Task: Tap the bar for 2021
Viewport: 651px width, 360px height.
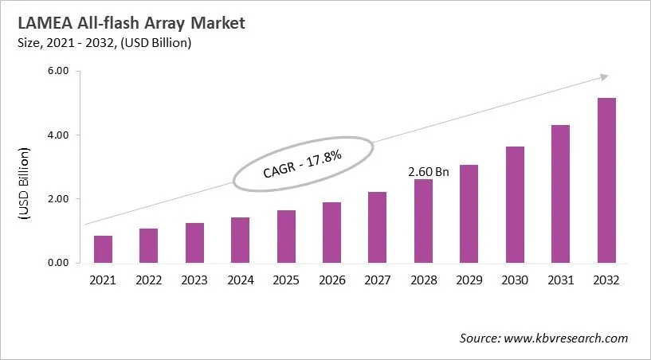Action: (x=103, y=249)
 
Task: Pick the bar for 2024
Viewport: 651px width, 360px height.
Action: (x=239, y=240)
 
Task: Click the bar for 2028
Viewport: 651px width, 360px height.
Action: (x=423, y=221)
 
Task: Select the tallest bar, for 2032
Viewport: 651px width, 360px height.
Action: (x=606, y=181)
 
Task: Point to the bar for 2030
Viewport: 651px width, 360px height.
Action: (x=515, y=205)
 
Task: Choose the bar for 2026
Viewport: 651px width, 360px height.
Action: (x=331, y=233)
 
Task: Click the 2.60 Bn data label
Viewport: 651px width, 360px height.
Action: (x=429, y=171)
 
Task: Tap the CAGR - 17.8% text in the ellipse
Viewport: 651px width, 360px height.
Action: (x=302, y=163)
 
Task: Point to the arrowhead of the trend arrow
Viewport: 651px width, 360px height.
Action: (x=604, y=76)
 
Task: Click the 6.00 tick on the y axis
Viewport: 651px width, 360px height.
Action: (x=58, y=72)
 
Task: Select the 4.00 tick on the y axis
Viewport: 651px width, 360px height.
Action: (x=58, y=135)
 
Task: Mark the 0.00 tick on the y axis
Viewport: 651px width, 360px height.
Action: (x=58, y=263)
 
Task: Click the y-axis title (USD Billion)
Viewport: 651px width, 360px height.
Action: (x=23, y=183)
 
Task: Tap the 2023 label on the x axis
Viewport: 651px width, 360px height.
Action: (x=194, y=280)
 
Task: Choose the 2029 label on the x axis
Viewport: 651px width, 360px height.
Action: (x=469, y=280)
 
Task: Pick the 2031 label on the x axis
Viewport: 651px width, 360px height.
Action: (x=560, y=280)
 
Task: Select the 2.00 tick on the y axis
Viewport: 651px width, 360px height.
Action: (x=58, y=199)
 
